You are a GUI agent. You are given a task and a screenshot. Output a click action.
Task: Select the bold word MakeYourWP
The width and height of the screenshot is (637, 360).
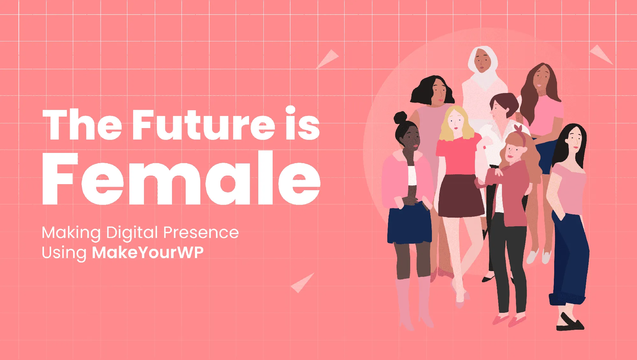(147, 253)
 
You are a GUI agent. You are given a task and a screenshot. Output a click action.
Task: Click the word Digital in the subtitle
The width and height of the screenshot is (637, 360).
(132, 233)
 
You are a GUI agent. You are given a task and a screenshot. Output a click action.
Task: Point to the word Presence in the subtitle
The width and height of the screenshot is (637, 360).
(201, 232)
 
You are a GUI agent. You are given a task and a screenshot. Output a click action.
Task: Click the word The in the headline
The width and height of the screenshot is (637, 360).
(82, 125)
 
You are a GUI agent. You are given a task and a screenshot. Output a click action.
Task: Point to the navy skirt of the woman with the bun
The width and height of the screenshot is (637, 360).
(409, 225)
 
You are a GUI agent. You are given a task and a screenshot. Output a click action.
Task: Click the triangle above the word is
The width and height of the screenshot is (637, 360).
(328, 59)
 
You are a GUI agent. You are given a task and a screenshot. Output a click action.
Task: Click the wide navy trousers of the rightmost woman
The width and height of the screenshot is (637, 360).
(570, 258)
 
